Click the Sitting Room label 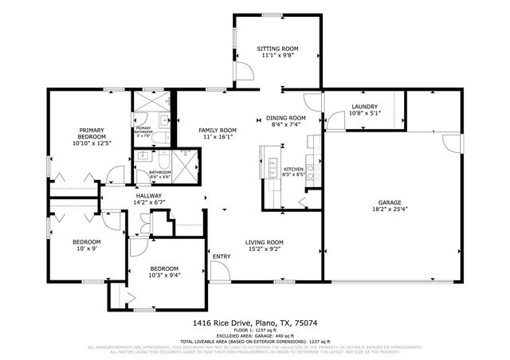277,49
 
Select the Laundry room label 363,106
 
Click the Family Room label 217,130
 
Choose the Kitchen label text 294,168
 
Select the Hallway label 149,196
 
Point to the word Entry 222,256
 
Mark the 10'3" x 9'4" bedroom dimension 164,276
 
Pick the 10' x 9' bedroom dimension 87,248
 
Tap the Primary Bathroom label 143,129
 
